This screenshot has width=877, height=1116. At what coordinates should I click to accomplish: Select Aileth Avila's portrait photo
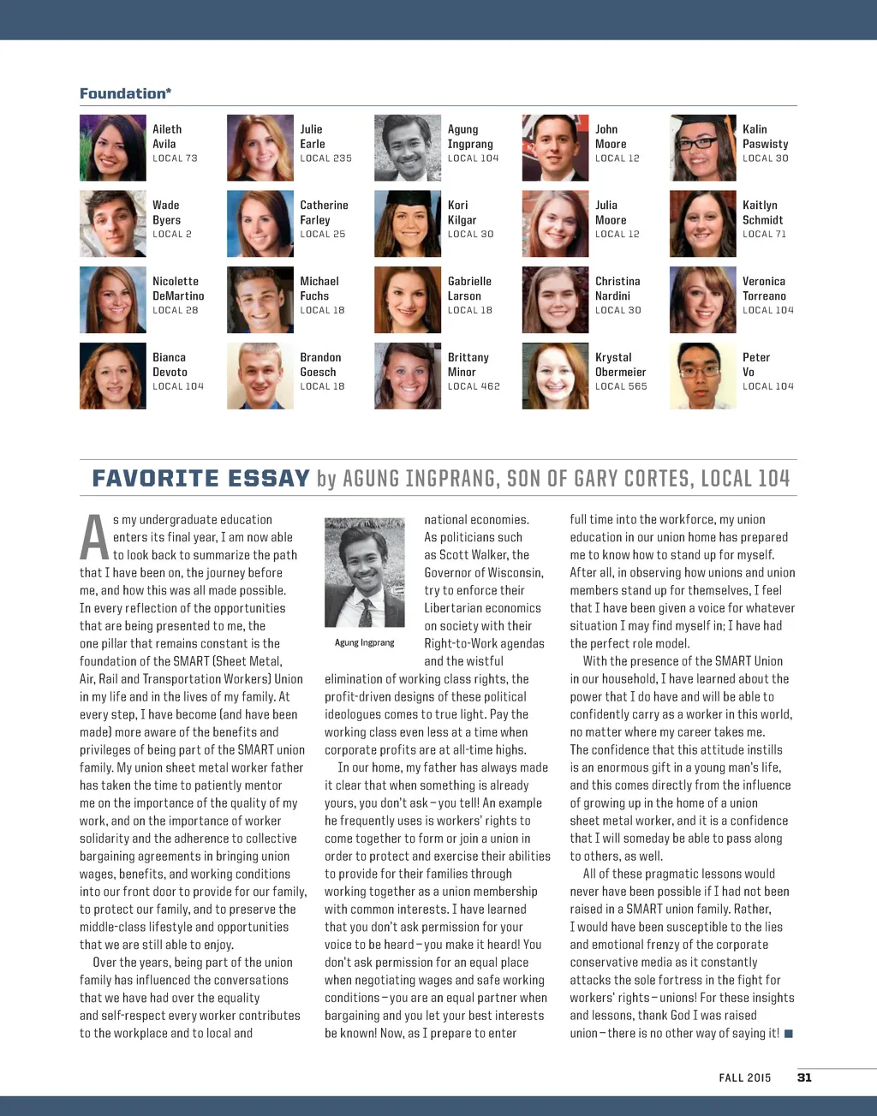(x=112, y=148)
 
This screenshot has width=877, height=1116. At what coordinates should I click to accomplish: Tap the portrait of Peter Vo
(x=702, y=376)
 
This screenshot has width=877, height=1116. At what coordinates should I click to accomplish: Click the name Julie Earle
(x=313, y=136)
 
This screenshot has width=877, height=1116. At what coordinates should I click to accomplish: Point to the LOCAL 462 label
(x=474, y=386)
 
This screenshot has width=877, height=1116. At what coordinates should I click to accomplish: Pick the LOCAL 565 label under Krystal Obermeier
(x=621, y=386)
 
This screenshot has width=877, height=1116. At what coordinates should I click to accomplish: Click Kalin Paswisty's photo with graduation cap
(x=702, y=148)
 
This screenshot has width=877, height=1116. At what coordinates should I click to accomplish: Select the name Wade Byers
(x=166, y=212)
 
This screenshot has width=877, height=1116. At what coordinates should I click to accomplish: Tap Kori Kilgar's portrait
(x=408, y=224)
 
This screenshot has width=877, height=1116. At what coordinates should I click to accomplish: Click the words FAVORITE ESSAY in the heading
(x=200, y=478)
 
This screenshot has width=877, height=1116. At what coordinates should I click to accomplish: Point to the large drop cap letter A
(x=94, y=538)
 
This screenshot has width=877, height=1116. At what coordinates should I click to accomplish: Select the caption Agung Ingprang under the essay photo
(x=365, y=642)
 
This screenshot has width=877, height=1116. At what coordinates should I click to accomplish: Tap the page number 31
(x=804, y=1077)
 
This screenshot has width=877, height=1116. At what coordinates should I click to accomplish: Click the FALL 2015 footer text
(x=744, y=1077)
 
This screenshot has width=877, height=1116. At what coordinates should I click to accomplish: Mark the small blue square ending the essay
(x=789, y=1034)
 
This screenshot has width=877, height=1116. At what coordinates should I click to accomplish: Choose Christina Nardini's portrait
(x=555, y=300)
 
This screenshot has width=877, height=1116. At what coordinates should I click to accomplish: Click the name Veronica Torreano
(x=764, y=289)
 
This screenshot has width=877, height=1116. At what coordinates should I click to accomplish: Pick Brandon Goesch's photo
(x=260, y=376)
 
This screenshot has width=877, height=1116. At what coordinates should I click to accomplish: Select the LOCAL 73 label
(x=175, y=158)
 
